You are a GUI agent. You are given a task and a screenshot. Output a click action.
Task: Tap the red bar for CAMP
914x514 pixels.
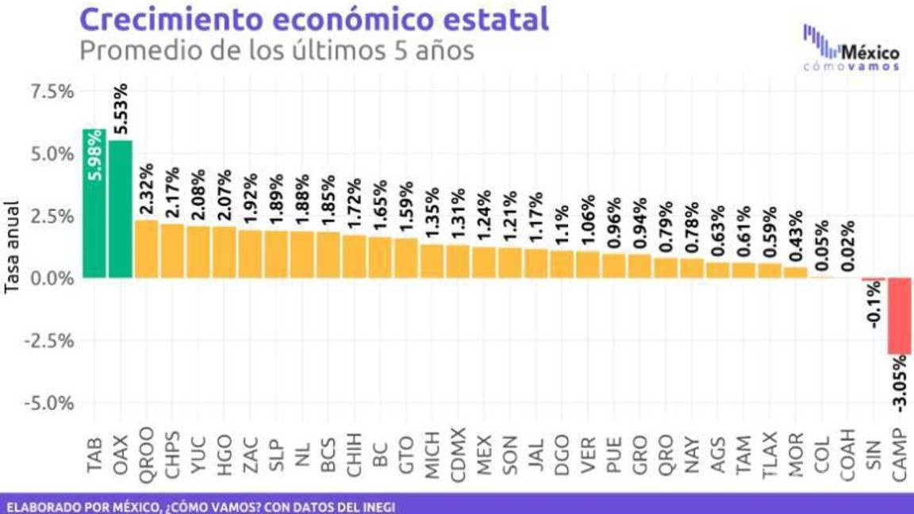[x=900, y=316]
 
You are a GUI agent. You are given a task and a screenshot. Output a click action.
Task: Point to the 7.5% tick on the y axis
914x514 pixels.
[x=52, y=91]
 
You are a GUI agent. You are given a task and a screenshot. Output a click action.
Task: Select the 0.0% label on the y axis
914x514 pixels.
[x=52, y=278]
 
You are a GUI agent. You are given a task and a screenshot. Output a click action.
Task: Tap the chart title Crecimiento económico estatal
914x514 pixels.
[x=315, y=19]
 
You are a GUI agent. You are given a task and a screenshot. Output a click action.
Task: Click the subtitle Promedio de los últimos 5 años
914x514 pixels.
[x=277, y=51]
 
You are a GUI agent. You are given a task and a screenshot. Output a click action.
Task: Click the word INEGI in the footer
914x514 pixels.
[x=376, y=505]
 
